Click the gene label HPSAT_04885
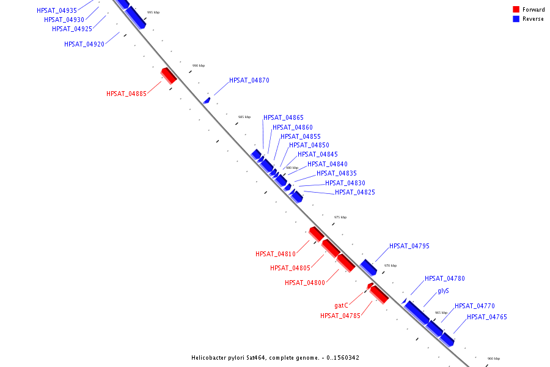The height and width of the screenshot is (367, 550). tap(127, 94)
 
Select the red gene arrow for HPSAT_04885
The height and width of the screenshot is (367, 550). tap(169, 76)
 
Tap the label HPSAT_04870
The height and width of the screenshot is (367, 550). tap(249, 80)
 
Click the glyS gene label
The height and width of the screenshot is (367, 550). tap(444, 291)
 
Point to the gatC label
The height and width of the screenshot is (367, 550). tap(341, 306)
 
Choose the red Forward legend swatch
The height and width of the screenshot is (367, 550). tap(516, 10)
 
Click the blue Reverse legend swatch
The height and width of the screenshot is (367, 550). tap(516, 19)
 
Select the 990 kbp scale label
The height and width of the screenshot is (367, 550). tap(199, 65)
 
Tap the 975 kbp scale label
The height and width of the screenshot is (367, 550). tap(340, 217)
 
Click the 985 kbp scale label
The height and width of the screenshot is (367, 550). tap(244, 117)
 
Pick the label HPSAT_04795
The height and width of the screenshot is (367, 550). tap(409, 246)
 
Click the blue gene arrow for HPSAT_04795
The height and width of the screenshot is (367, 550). tap(369, 267)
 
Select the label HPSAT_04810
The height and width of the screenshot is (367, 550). tap(276, 254)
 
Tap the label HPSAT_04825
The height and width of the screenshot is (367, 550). tap(355, 193)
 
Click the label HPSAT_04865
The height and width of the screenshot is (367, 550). tap(284, 117)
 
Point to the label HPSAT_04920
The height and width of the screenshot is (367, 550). tap(84, 44)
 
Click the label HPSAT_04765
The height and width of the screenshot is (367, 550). tap(487, 317)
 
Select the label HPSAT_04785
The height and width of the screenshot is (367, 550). tap(340, 316)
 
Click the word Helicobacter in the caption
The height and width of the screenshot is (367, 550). tap(207, 358)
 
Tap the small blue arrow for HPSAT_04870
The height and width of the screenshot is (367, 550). tap(207, 101)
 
